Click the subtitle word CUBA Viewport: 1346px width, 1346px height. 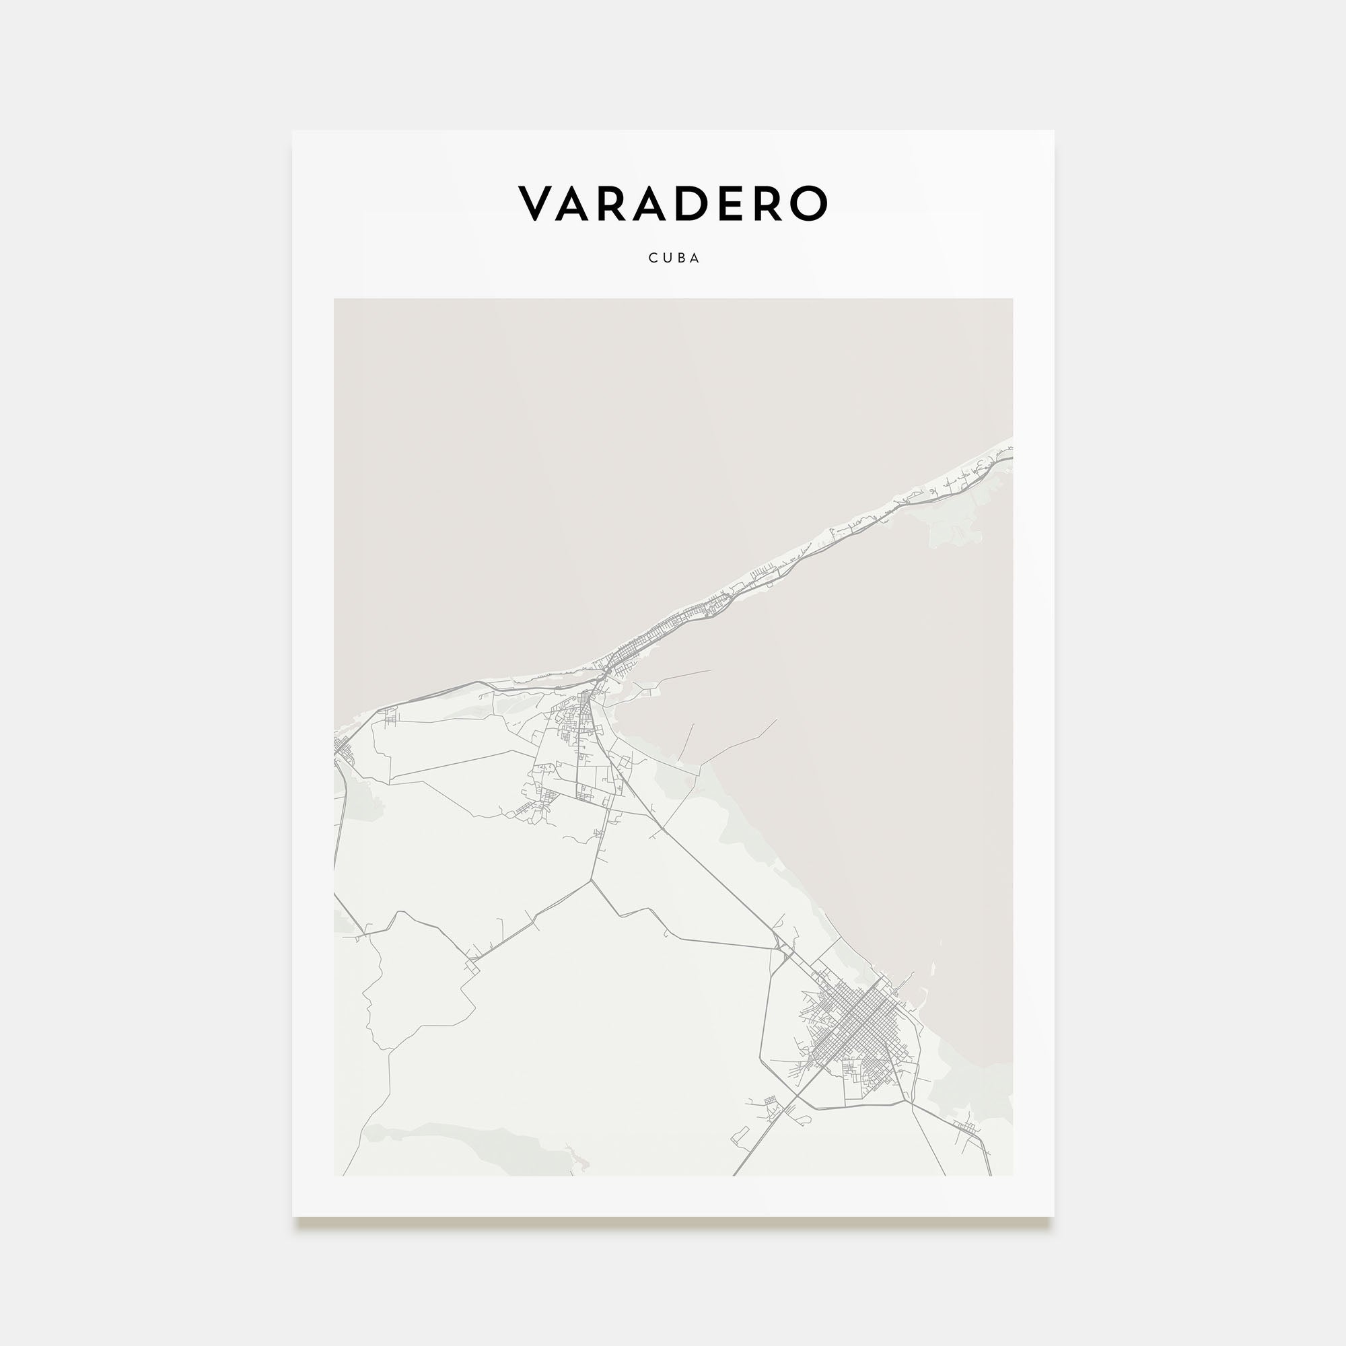click(674, 258)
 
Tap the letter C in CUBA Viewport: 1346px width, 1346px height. click(653, 258)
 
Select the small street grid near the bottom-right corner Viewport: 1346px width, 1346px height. click(966, 1127)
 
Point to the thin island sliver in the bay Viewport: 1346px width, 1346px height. click(932, 969)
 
